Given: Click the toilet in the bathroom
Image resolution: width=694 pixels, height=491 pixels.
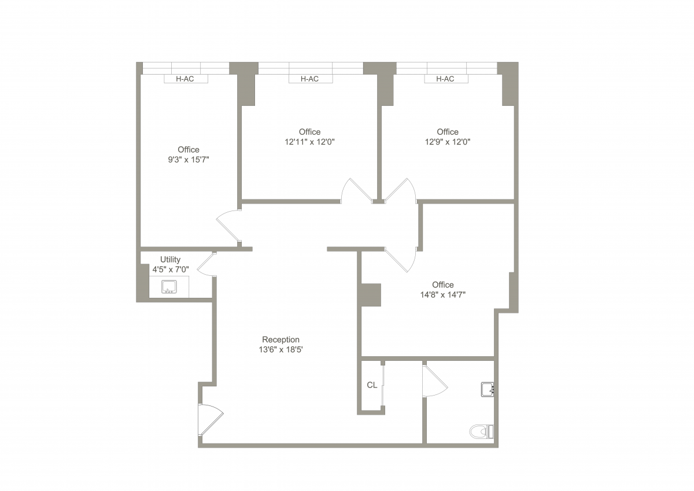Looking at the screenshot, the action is (x=481, y=431).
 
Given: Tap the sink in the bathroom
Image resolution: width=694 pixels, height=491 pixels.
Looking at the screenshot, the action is (x=488, y=389).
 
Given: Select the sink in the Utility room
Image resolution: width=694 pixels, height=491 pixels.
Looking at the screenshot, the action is (x=169, y=286).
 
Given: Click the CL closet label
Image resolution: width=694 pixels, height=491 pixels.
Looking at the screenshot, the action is (x=372, y=385).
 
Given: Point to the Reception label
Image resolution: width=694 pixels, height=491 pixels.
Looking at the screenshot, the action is (x=280, y=339).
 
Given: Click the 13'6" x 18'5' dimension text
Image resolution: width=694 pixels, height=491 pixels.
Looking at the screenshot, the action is (x=280, y=349).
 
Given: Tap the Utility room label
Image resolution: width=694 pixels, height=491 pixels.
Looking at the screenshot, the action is (x=170, y=260).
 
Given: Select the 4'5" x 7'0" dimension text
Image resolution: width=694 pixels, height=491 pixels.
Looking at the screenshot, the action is (x=171, y=269).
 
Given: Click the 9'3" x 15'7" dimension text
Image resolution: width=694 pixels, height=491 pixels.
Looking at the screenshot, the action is (x=189, y=160).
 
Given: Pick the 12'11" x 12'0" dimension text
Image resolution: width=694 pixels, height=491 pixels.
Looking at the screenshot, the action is (x=309, y=142).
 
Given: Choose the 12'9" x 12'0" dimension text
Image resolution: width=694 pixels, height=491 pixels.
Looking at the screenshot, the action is (x=448, y=142).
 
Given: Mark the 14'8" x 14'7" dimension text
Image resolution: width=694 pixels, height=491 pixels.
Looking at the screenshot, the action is (x=443, y=294).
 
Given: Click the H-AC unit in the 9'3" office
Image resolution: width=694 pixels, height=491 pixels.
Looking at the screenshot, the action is (x=186, y=79).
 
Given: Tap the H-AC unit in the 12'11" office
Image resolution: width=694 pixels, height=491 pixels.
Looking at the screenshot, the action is (x=311, y=79).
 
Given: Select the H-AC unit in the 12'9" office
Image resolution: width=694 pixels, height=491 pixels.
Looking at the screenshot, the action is (x=446, y=79).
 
